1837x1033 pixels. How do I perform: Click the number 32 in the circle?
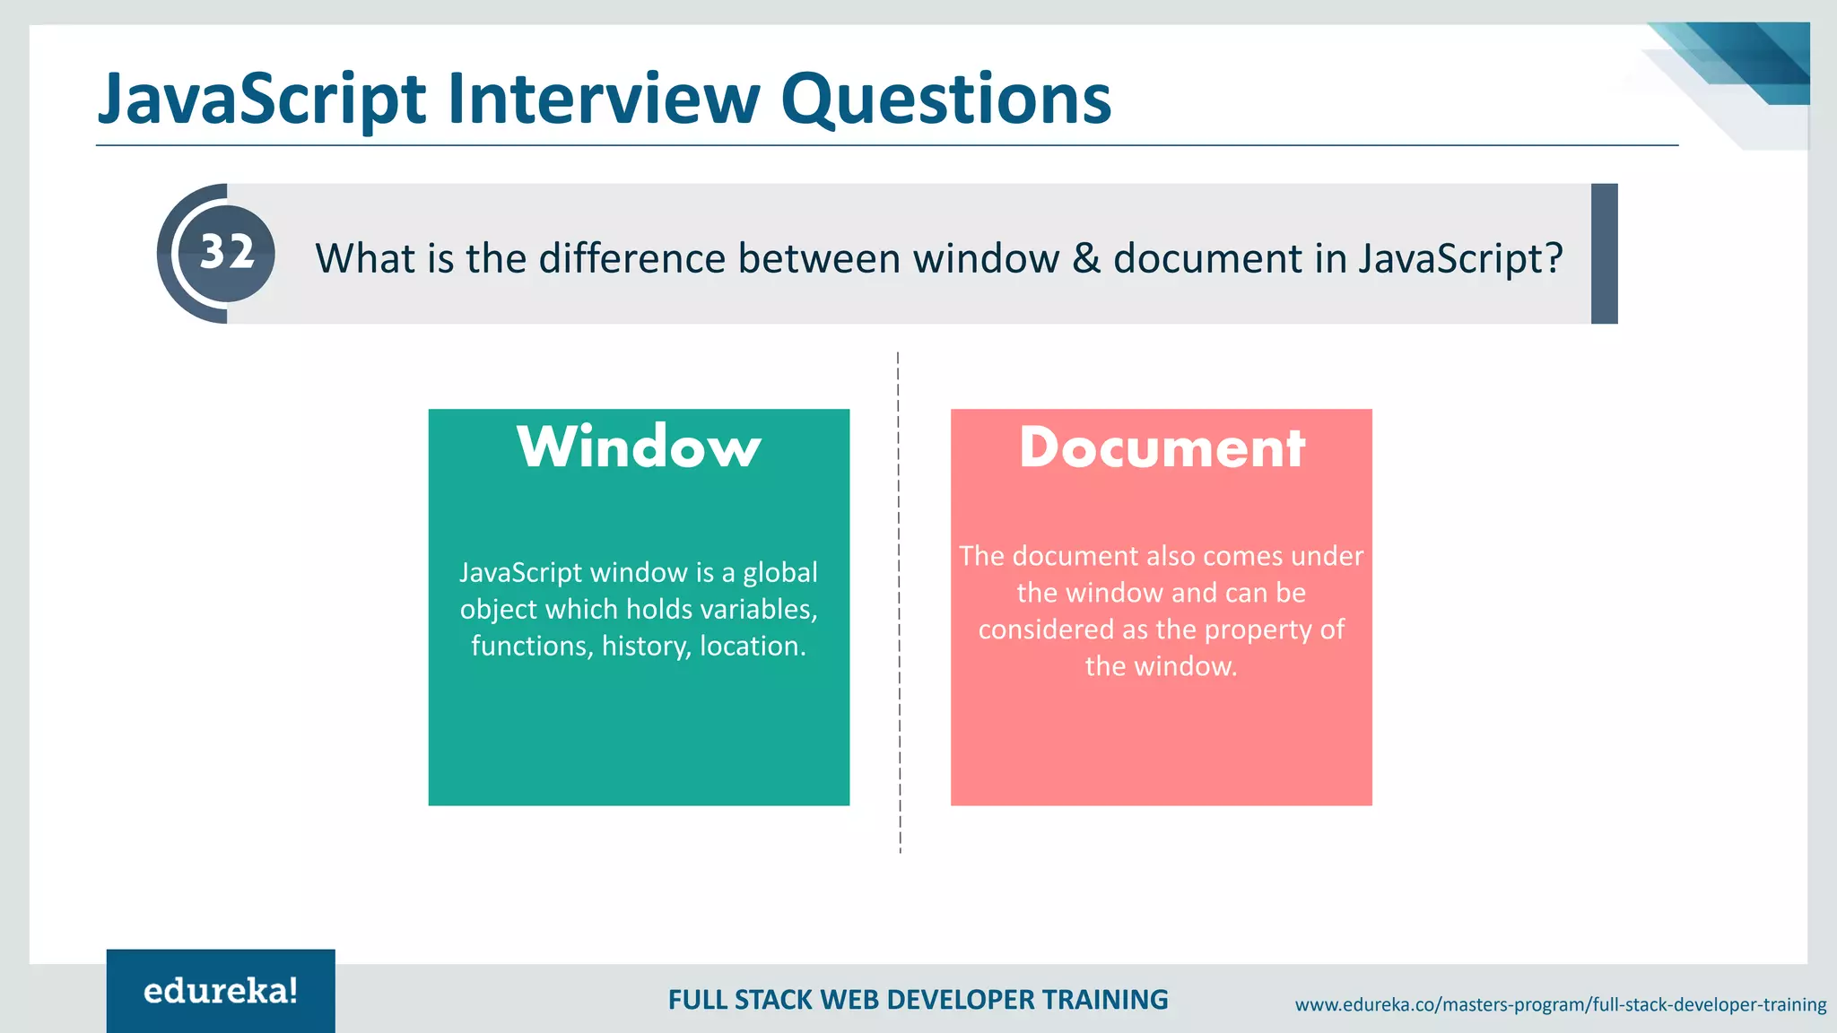(x=227, y=253)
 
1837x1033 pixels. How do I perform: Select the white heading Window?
(x=639, y=447)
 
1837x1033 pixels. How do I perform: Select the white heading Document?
(x=1162, y=447)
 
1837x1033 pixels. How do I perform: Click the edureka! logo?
(x=221, y=991)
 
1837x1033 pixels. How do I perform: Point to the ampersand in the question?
(x=1085, y=258)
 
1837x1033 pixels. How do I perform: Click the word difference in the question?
(x=631, y=258)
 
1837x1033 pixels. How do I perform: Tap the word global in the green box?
(x=779, y=572)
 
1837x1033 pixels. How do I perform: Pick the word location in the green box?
(x=752, y=646)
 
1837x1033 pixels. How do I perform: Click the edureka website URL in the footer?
(x=1560, y=1004)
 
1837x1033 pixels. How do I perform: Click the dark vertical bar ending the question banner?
(x=1604, y=254)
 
